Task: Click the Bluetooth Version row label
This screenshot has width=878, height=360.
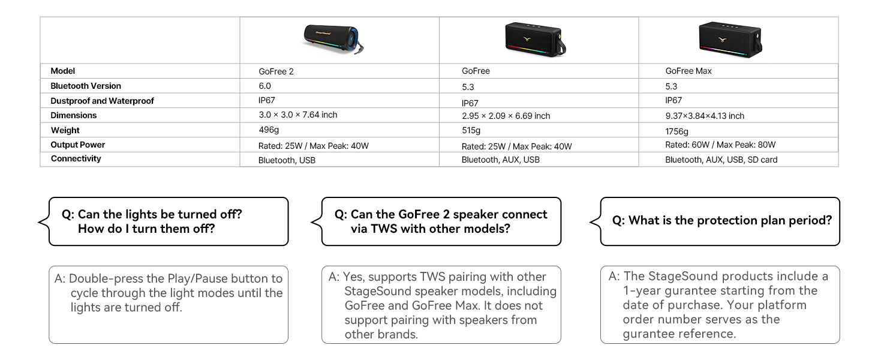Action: [x=86, y=86]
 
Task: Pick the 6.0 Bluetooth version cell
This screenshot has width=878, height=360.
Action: [x=264, y=86]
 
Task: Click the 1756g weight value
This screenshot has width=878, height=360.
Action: [x=676, y=131]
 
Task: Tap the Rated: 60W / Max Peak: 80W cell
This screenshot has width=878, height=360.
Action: [x=720, y=145]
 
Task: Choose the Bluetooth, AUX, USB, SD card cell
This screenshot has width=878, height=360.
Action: [x=721, y=160]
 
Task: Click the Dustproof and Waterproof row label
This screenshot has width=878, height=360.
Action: [x=102, y=101]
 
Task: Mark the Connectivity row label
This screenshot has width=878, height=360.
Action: [x=76, y=158]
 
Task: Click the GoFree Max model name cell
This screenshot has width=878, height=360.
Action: [x=688, y=71]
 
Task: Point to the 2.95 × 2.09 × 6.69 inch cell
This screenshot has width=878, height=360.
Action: [x=506, y=116]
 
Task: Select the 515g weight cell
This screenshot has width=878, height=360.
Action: [x=471, y=131]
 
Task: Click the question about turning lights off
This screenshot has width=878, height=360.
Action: [x=160, y=221]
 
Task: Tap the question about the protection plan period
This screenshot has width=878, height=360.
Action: [x=721, y=220]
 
